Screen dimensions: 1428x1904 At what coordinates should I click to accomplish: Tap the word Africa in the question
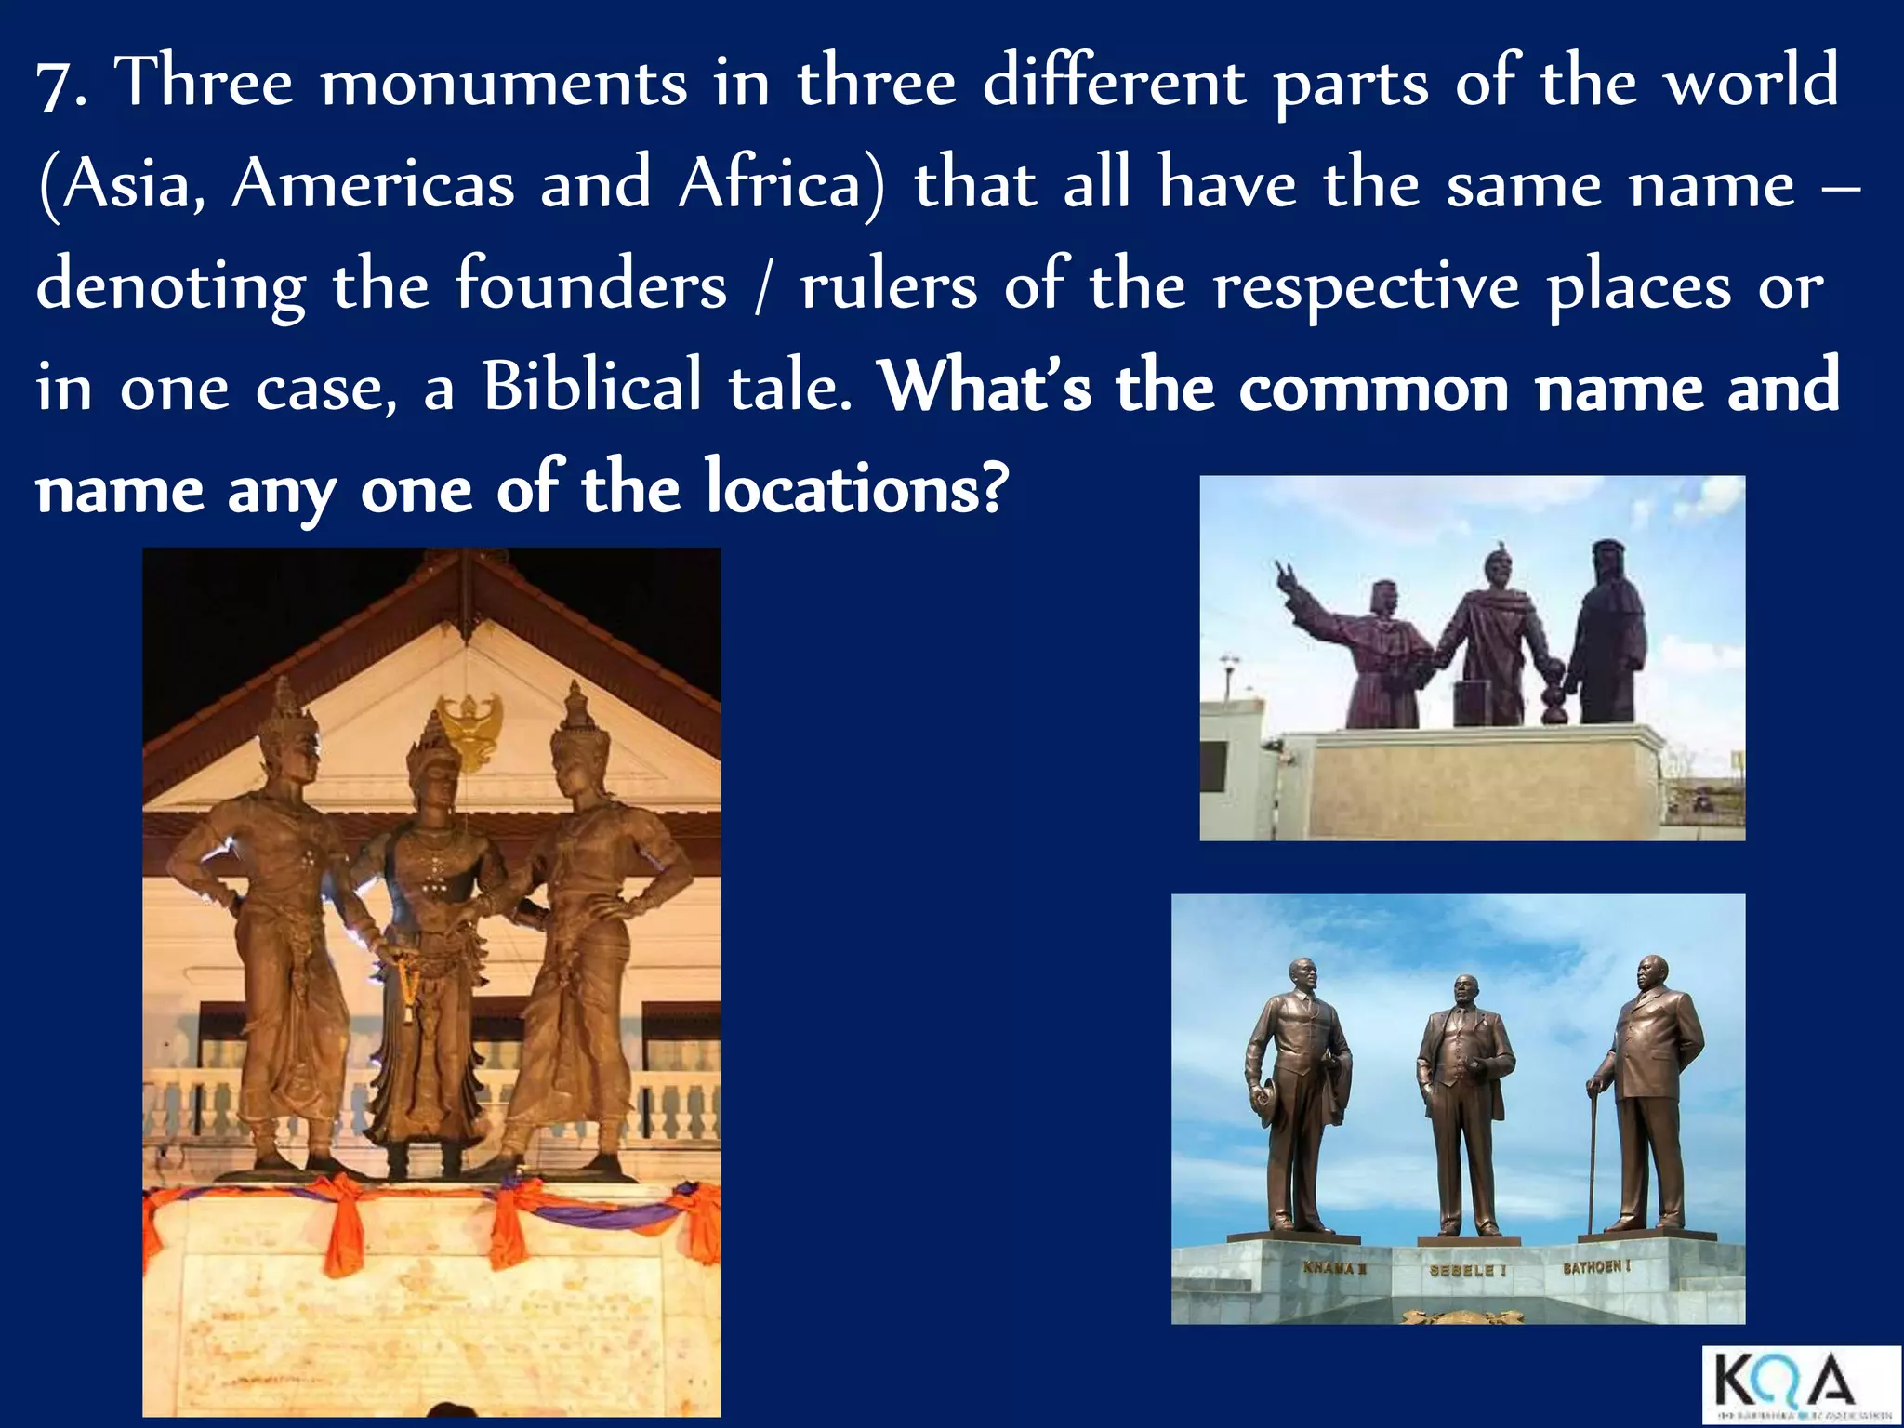782,185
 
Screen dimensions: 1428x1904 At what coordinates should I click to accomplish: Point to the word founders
590,285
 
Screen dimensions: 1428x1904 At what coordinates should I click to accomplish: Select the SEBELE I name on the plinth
1461,1270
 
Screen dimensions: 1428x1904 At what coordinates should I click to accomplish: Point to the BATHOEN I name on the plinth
1595,1267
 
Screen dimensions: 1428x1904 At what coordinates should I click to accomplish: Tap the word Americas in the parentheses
372,185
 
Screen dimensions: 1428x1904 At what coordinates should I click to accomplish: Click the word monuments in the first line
503,84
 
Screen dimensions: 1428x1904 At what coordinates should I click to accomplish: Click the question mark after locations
994,488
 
